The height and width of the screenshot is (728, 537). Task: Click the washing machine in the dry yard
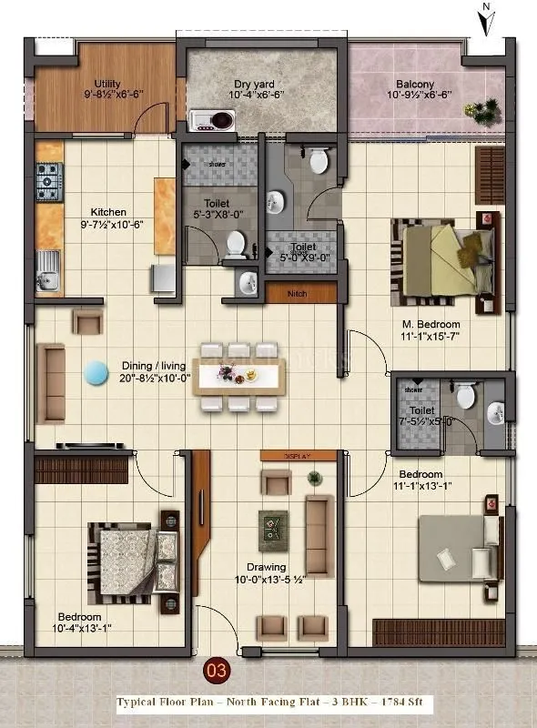(x=212, y=119)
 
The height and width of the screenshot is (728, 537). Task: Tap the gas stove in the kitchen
(x=49, y=180)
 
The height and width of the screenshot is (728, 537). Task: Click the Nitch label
(x=297, y=293)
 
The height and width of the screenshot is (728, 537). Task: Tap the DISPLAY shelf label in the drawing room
(x=298, y=455)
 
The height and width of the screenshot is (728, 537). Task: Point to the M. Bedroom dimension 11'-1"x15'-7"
(x=432, y=338)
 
